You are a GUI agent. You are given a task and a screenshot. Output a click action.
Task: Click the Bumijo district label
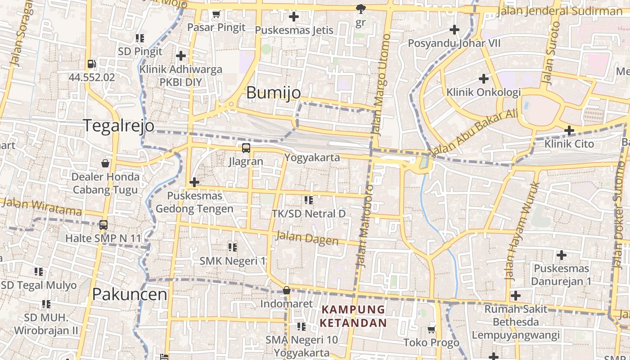(x=274, y=93)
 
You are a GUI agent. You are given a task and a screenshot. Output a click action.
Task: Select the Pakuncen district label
(x=130, y=294)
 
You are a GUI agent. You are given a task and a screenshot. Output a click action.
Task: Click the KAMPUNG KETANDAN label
(x=353, y=316)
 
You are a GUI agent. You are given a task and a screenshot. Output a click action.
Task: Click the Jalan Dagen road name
(x=307, y=238)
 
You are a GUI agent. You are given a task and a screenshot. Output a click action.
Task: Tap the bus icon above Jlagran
(x=246, y=148)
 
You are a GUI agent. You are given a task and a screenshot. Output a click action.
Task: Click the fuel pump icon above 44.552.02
(x=92, y=64)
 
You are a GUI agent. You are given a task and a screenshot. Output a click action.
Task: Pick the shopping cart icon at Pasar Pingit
(x=216, y=14)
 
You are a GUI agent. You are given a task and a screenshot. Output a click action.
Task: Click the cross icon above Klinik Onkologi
(x=484, y=79)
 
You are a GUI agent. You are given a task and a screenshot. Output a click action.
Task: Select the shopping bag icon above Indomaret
(x=286, y=291)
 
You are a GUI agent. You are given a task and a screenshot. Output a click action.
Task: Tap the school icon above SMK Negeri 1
(x=232, y=247)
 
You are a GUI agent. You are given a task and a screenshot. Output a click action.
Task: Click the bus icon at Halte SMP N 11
(x=103, y=225)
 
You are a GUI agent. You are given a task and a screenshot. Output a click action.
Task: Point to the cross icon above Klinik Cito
(x=569, y=131)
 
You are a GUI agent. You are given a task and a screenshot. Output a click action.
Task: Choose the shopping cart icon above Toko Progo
(x=432, y=329)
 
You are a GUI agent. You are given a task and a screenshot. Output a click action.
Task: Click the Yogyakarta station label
(x=311, y=157)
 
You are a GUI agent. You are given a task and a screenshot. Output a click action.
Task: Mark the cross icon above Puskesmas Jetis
(x=294, y=17)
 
